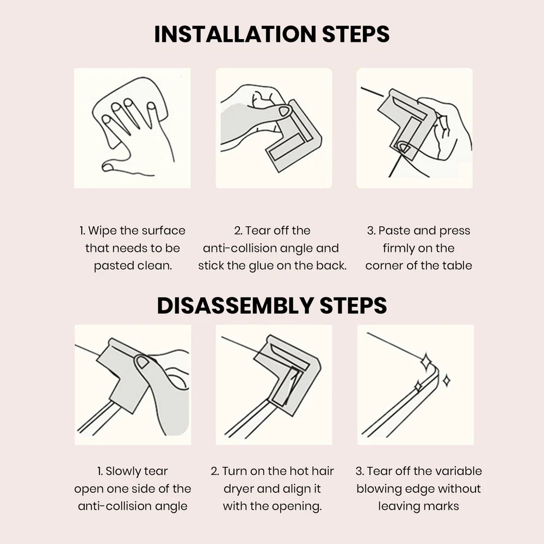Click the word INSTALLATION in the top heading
pos(235,34)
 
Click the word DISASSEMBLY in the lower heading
pos(235,306)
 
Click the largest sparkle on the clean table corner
pos(426,362)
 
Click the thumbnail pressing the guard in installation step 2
pos(284,111)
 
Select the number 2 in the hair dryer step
pos(214,472)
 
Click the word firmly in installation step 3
pos(397,249)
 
